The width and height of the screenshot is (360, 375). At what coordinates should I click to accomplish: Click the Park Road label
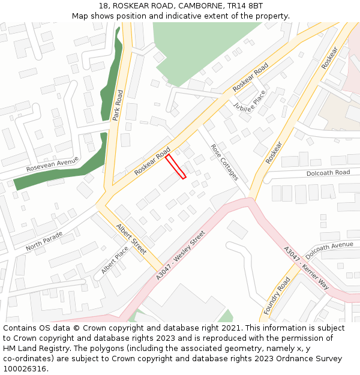pyautogui.click(x=118, y=105)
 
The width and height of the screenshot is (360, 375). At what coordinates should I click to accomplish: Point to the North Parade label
pyautogui.click(x=44, y=241)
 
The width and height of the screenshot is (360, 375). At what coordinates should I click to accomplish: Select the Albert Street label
pyautogui.click(x=131, y=238)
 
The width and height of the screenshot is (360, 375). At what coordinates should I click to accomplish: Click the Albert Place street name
pyautogui.click(x=115, y=261)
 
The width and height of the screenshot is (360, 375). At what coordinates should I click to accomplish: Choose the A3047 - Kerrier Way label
pyautogui.click(x=306, y=268)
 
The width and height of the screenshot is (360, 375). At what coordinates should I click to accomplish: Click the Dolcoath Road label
pyautogui.click(x=328, y=172)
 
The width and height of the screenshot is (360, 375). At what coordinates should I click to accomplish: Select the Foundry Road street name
pyautogui.click(x=277, y=295)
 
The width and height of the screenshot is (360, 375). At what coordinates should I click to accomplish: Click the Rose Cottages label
pyautogui.click(x=224, y=162)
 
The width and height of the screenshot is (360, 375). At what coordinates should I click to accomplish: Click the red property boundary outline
pyautogui.click(x=176, y=166)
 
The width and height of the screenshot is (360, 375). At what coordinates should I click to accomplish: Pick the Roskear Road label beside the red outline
pyautogui.click(x=152, y=161)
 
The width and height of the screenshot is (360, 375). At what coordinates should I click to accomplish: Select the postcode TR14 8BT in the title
pyautogui.click(x=246, y=5)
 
